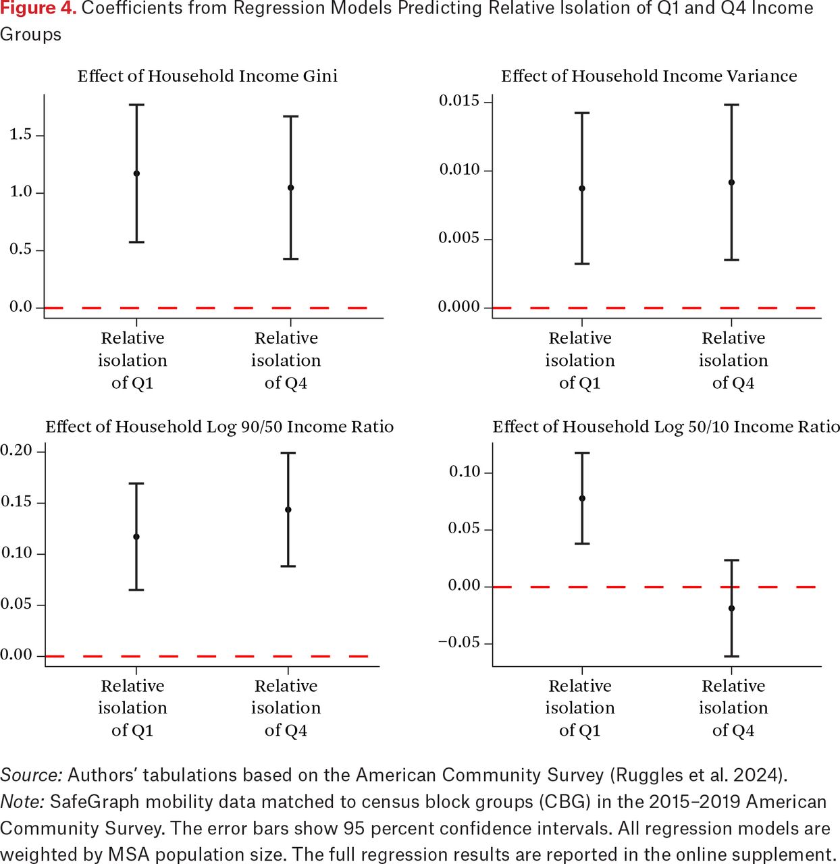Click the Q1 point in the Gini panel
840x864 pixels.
tap(136, 173)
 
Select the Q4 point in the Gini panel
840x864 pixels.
tap(290, 188)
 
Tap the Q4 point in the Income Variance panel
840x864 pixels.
tap(731, 182)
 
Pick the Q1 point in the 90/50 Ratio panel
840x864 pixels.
tap(136, 537)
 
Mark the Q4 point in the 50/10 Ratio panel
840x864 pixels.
tap(731, 608)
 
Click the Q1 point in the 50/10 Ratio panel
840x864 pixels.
tap(582, 498)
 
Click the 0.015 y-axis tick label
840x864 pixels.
tap(459, 101)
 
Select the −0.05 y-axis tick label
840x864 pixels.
tap(459, 643)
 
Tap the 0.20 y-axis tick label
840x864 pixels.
tap(16, 451)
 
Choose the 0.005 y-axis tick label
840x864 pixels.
tap(459, 238)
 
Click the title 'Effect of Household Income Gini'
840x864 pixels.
tap(207, 76)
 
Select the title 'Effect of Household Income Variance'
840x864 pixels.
tap(649, 76)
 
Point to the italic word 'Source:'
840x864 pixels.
tap(31, 775)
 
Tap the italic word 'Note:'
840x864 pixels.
tap(22, 802)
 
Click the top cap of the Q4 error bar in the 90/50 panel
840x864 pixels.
tap(288, 453)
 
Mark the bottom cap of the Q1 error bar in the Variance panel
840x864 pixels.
tap(582, 264)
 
